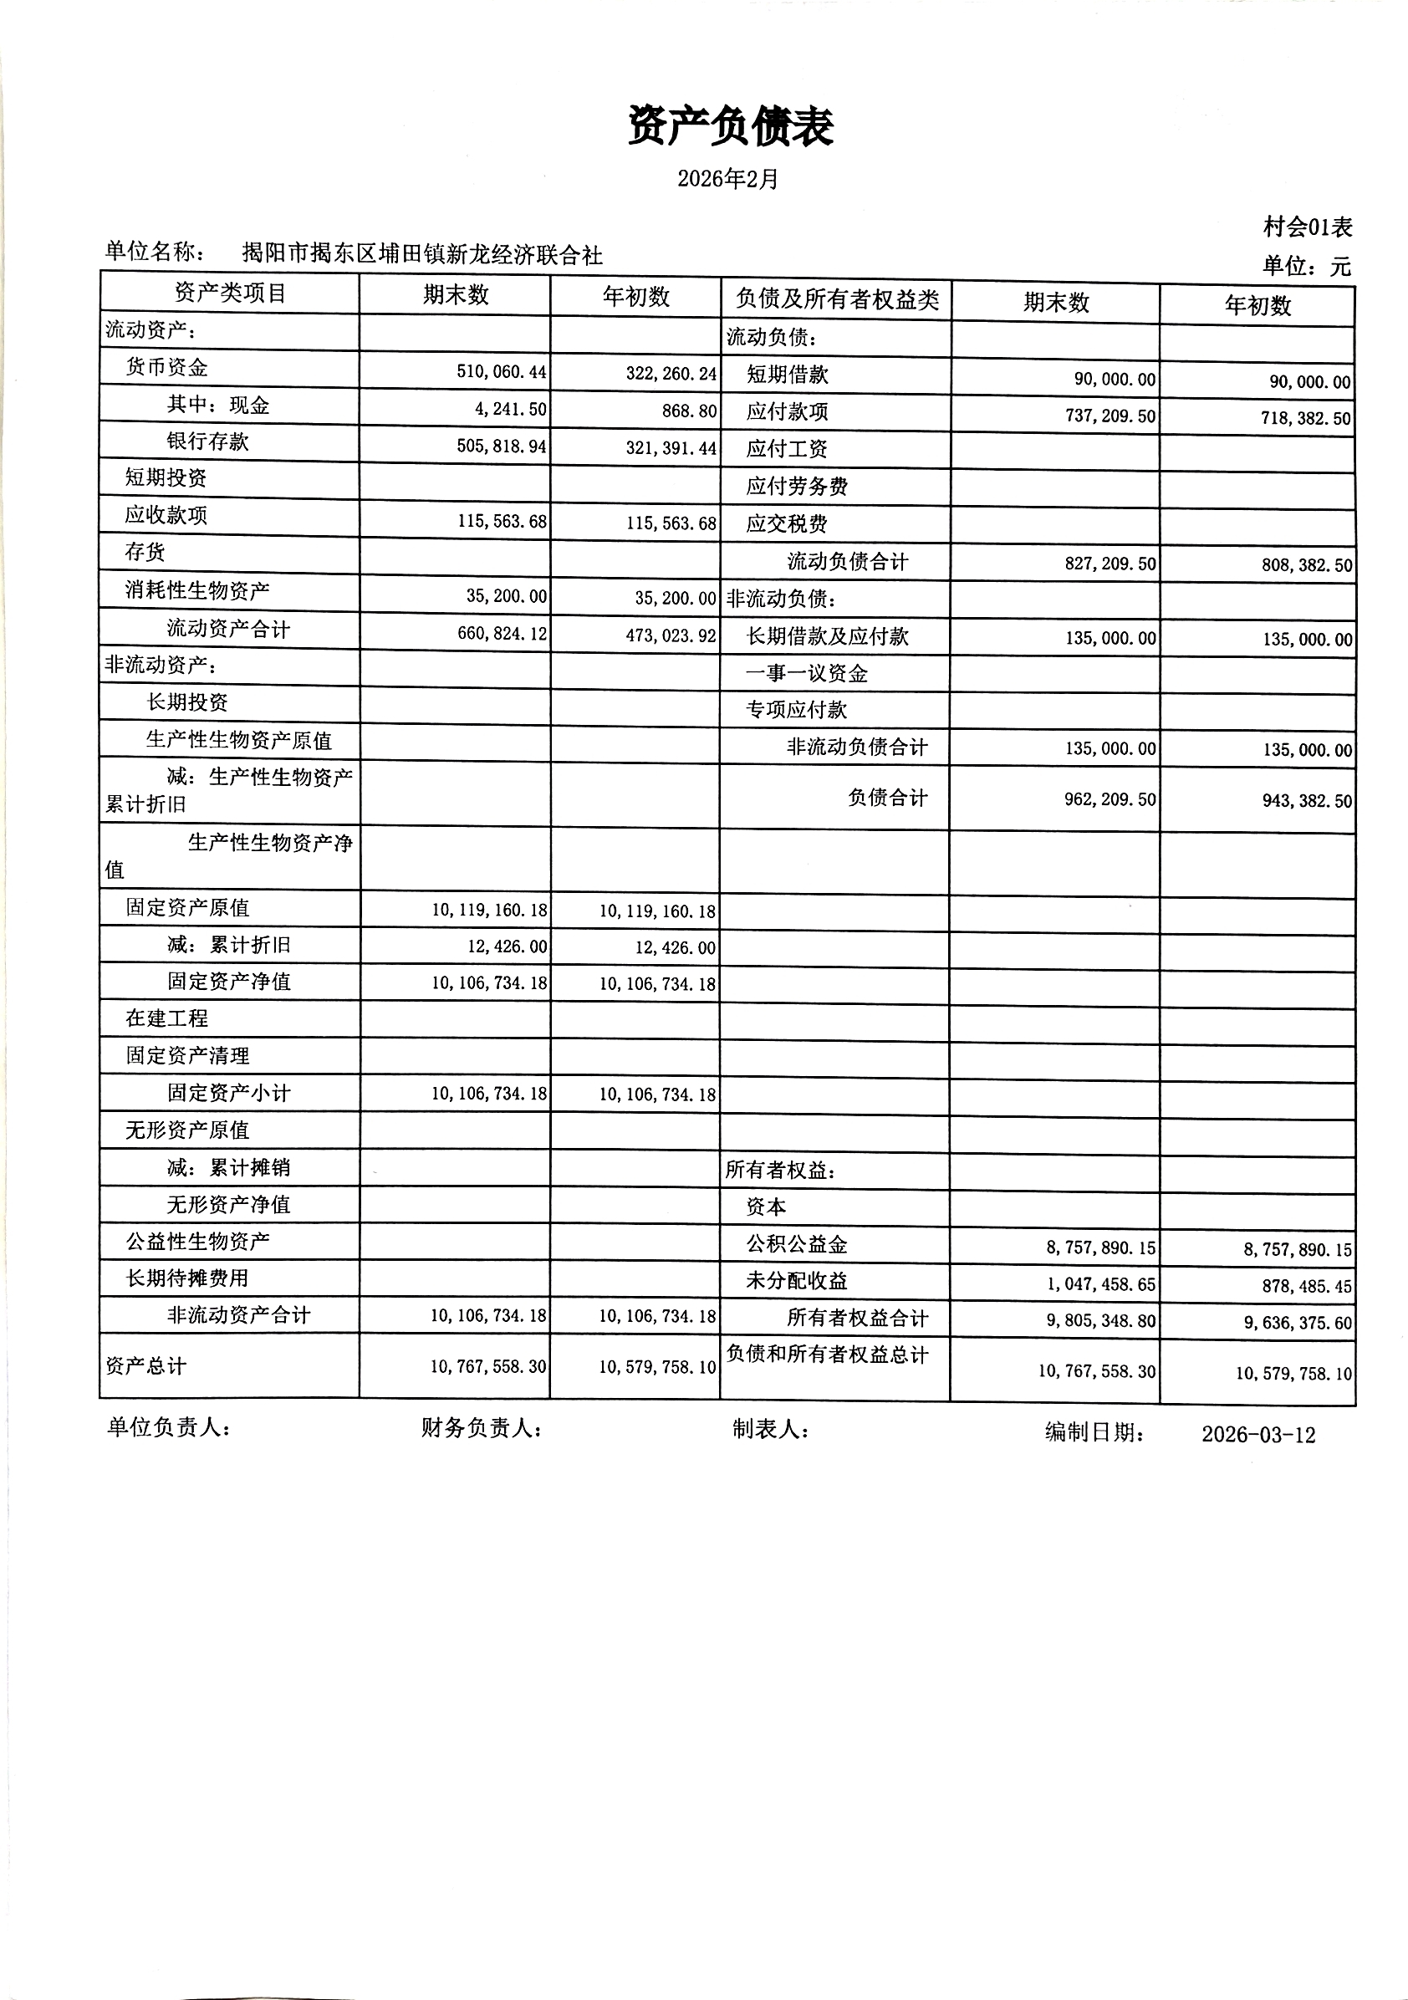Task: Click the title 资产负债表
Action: (730, 127)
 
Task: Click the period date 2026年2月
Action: (727, 180)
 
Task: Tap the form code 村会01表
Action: (1307, 227)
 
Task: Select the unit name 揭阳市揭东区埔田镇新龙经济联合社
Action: (421, 254)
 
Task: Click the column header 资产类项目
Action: (230, 293)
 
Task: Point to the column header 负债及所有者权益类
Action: (836, 300)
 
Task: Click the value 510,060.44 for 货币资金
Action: (501, 372)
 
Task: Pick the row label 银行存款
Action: (207, 441)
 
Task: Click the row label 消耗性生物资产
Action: (197, 590)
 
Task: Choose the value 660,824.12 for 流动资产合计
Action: (502, 633)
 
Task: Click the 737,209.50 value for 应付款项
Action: (1110, 416)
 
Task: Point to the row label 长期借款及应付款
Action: (827, 637)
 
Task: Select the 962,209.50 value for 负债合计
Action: (1110, 799)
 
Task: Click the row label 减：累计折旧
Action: (228, 945)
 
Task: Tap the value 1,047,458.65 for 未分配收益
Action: (1100, 1285)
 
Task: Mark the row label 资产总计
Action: (145, 1366)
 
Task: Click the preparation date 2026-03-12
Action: (1258, 1435)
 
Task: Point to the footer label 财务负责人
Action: (480, 1428)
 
